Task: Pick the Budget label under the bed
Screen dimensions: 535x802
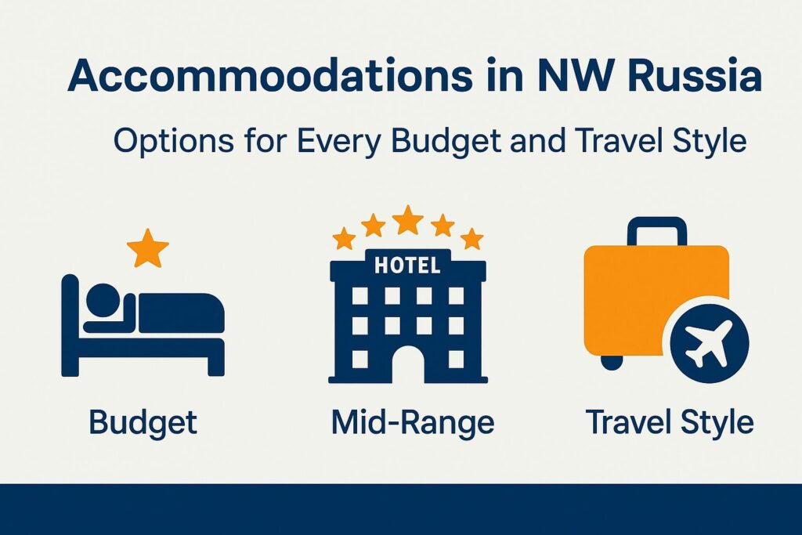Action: tap(143, 422)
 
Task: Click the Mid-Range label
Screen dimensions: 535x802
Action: tap(413, 422)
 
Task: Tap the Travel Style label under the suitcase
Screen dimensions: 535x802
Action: tap(670, 422)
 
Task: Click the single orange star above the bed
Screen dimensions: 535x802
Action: tap(147, 248)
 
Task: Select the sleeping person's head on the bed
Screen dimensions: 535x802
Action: tap(101, 298)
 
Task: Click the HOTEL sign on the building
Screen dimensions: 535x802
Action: tap(407, 266)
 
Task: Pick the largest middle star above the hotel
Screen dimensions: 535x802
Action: tap(408, 219)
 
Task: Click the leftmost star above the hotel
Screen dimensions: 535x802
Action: tap(344, 237)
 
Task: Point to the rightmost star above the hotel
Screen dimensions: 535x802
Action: tap(471, 237)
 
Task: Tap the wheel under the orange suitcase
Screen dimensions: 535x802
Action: tap(612, 362)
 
